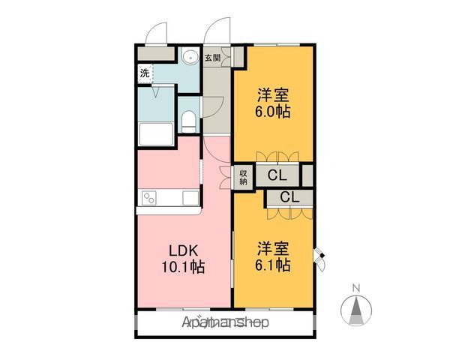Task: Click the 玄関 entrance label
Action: click(x=212, y=58)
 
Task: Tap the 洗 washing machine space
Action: click(x=145, y=73)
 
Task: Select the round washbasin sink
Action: click(x=190, y=56)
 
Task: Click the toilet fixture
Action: click(x=189, y=121)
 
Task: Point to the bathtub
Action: click(x=156, y=134)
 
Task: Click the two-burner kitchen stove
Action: click(x=149, y=198)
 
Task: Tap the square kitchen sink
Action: click(x=190, y=198)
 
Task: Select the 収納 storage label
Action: click(x=243, y=177)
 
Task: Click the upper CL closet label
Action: click(x=277, y=175)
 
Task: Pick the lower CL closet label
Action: click(x=289, y=197)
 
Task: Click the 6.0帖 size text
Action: click(x=273, y=112)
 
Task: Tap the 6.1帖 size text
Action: click(x=273, y=265)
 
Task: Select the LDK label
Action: click(x=184, y=251)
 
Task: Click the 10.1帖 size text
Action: click(x=184, y=267)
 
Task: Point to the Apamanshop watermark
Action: click(x=226, y=322)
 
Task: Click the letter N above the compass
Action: click(x=356, y=288)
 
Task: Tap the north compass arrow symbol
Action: click(x=356, y=310)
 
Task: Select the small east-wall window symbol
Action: click(x=319, y=259)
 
